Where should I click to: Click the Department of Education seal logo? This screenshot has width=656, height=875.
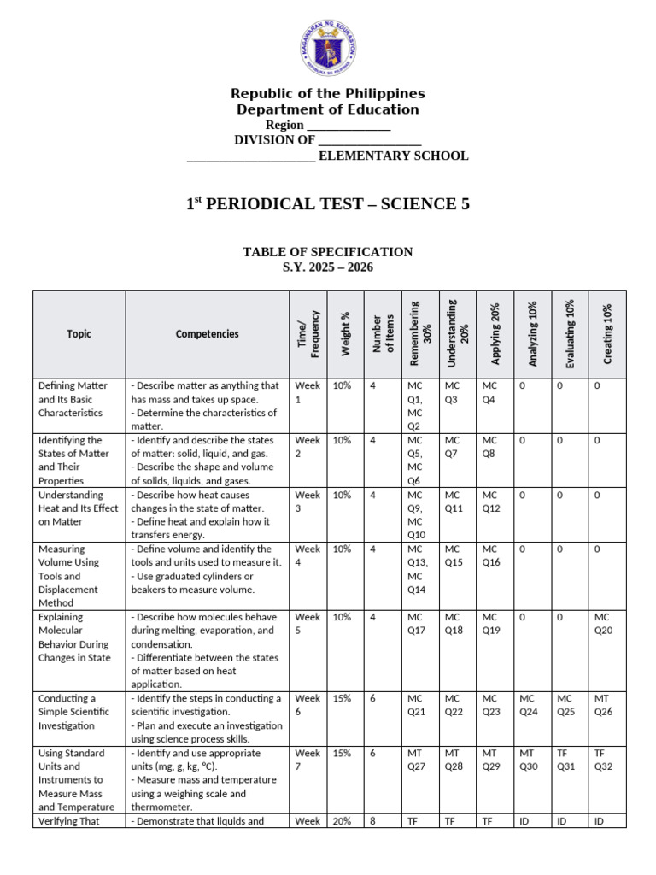click(x=328, y=48)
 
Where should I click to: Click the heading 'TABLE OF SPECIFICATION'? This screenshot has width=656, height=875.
click(x=328, y=252)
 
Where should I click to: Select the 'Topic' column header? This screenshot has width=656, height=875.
click(x=79, y=334)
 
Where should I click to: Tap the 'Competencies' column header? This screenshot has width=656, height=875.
click(x=208, y=334)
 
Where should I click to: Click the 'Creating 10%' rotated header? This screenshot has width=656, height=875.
click(x=607, y=333)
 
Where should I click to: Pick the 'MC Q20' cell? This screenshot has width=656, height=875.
click(x=603, y=624)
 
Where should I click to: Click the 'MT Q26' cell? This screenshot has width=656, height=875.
click(x=603, y=706)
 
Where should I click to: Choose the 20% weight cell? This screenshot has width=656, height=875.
click(x=342, y=821)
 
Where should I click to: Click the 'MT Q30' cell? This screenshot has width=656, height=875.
click(x=530, y=760)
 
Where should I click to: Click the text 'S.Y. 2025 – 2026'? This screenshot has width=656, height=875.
click(x=328, y=267)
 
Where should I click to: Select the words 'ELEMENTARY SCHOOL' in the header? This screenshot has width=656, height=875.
click(x=393, y=156)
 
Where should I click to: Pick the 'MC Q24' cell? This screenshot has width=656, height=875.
click(x=530, y=706)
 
